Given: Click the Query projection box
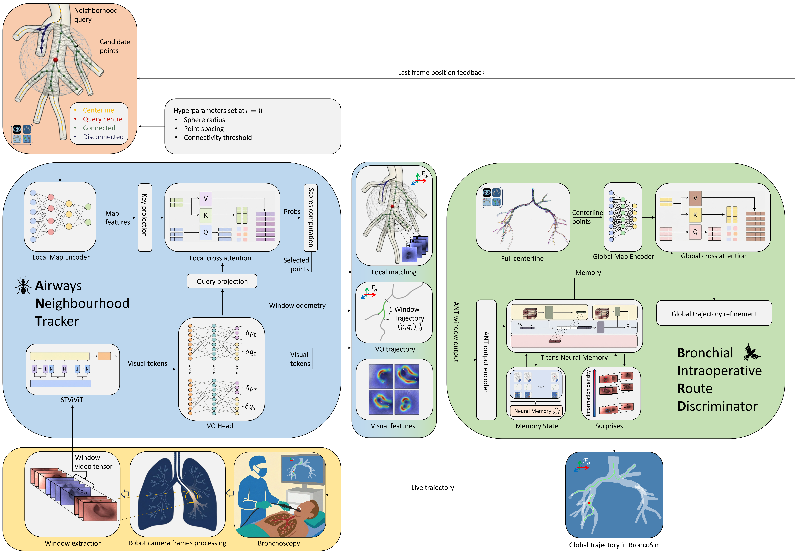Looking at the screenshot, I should tap(222, 281).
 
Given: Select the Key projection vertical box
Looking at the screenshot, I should tap(145, 217).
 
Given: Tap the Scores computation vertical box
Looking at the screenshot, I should tap(311, 217).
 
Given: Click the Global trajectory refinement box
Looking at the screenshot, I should tap(714, 314).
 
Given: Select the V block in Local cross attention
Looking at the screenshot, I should tap(205, 199).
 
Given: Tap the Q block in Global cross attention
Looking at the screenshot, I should tap(695, 232).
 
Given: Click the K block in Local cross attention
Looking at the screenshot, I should tap(205, 215).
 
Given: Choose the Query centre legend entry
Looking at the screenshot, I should tap(102, 119).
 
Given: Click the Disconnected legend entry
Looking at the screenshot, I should tap(103, 137).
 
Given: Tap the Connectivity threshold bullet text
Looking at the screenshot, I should tap(218, 138).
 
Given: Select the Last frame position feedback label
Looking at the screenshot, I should tap(441, 72).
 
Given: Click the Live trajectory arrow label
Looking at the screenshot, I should tap(433, 488).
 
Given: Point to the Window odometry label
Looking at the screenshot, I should tap(297, 306).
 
